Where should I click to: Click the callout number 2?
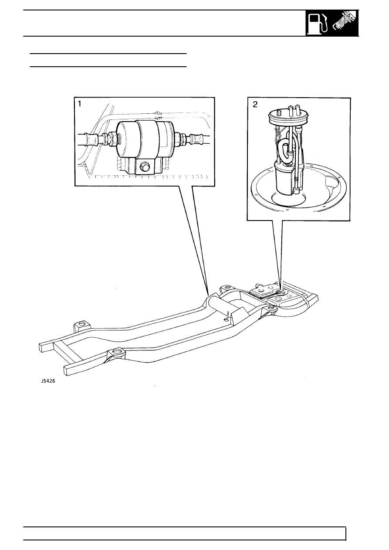(255, 105)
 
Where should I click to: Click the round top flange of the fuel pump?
(289, 115)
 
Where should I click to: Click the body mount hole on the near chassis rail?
(116, 351)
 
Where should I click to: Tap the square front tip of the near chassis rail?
(68, 370)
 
